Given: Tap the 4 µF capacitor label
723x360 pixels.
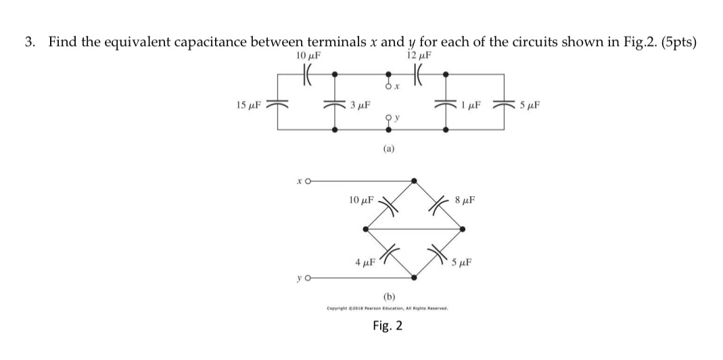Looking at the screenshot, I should (x=365, y=262).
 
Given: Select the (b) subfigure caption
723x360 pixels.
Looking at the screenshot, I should (x=389, y=296).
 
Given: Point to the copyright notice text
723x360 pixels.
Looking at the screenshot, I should (x=388, y=309).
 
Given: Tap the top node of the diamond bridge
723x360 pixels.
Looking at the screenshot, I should (x=414, y=181).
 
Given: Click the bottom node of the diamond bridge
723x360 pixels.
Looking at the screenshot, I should (x=414, y=277).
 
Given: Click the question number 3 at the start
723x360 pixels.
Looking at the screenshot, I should (x=29, y=42).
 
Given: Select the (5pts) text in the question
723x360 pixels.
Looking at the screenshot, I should (x=678, y=42).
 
